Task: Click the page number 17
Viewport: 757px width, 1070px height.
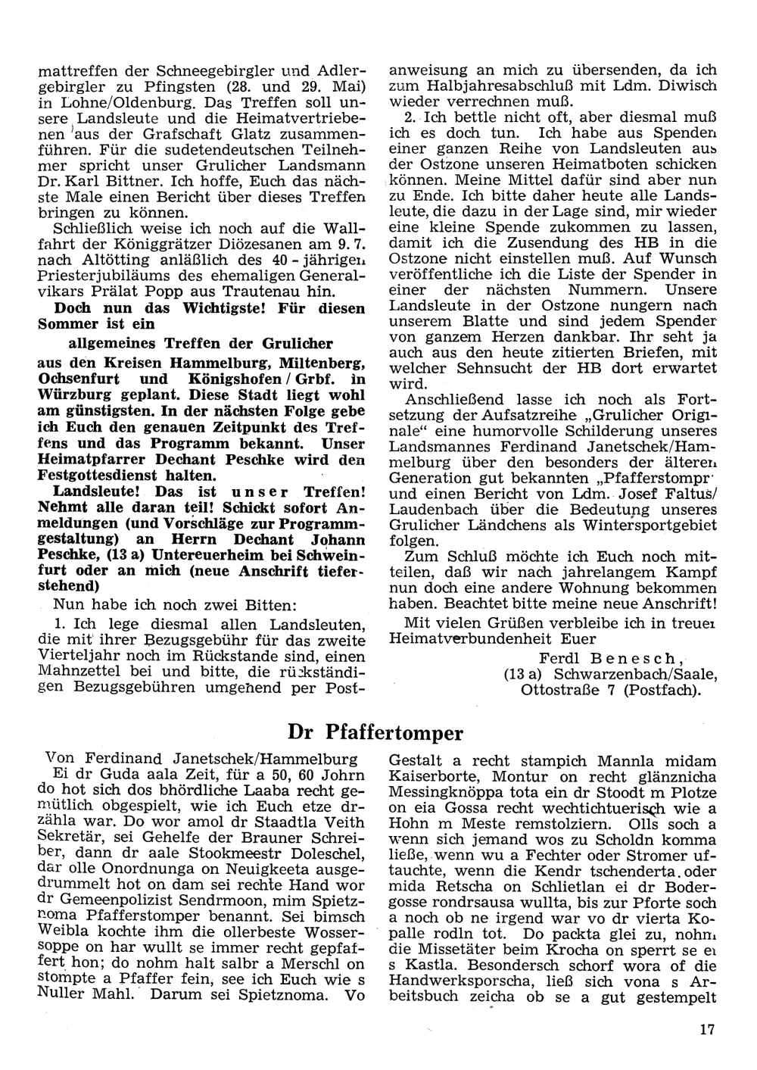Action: coord(707,1028)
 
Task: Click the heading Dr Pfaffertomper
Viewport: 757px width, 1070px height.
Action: coord(375,732)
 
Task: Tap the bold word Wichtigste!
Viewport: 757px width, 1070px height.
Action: coord(227,308)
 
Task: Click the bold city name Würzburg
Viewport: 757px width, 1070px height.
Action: coord(73,395)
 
